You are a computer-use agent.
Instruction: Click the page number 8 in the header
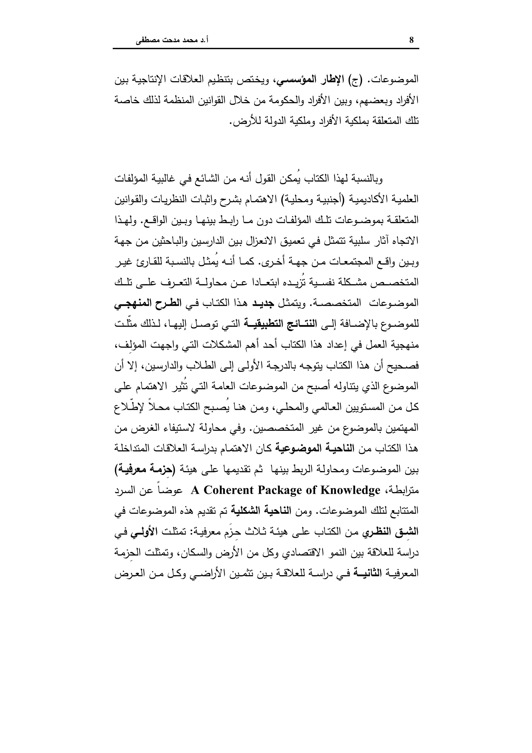click(412, 40)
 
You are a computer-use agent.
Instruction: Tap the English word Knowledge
click(350, 490)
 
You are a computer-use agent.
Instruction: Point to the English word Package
click(282, 490)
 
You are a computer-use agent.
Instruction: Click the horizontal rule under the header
click(266, 49)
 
